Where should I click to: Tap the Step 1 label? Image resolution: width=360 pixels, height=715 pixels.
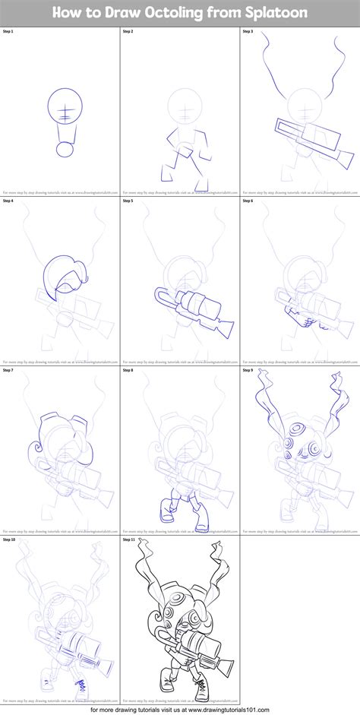(x=10, y=32)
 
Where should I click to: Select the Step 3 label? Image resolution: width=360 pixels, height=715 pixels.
(x=249, y=32)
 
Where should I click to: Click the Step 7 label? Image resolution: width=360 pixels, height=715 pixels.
(x=10, y=370)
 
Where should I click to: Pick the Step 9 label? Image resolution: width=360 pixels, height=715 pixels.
(x=249, y=370)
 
